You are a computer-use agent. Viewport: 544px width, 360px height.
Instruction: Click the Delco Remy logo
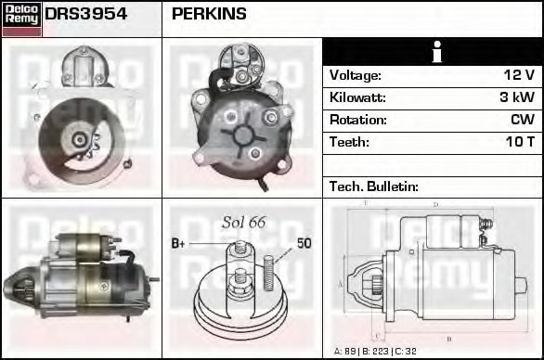(x=21, y=18)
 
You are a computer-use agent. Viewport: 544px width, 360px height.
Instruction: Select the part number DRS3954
(x=86, y=15)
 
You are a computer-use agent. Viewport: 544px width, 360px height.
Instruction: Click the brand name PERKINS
(x=209, y=15)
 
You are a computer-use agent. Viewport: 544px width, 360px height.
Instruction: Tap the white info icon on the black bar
(x=433, y=53)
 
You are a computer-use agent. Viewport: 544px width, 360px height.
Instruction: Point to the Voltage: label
(x=355, y=75)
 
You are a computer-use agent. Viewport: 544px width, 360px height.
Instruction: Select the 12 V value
(x=518, y=75)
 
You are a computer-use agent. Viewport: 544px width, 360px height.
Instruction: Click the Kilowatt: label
(x=356, y=97)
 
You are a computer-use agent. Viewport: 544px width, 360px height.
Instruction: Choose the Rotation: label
(x=356, y=120)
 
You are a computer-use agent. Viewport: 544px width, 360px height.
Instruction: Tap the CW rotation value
(x=522, y=120)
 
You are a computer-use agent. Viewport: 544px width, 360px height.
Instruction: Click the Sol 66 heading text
(x=243, y=222)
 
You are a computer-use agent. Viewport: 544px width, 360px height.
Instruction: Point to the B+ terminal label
(x=179, y=244)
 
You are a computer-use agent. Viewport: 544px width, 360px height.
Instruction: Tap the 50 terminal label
(x=304, y=243)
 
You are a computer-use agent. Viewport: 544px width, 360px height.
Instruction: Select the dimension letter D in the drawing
(x=435, y=205)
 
